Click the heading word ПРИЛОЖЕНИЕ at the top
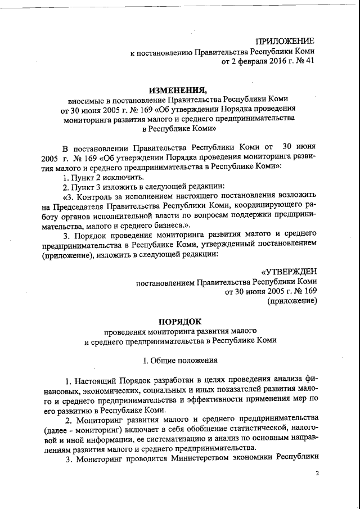point(285,41)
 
